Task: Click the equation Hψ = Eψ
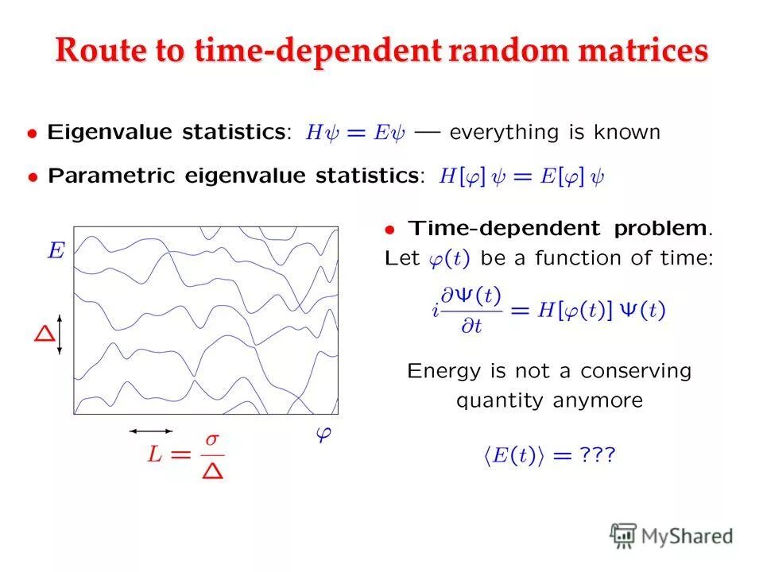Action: click(355, 133)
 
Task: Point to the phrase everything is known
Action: click(555, 132)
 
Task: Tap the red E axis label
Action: click(56, 252)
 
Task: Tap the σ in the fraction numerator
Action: click(211, 439)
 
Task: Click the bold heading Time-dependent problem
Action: click(560, 229)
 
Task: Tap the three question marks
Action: click(597, 456)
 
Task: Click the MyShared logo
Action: click(672, 535)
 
